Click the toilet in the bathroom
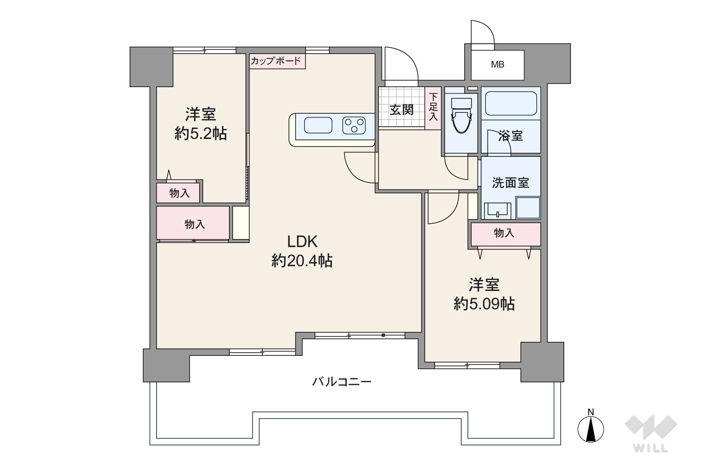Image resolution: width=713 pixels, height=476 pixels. click(461, 116)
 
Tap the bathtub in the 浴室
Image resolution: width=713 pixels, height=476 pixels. click(511, 104)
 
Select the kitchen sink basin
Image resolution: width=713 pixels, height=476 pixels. click(318, 125)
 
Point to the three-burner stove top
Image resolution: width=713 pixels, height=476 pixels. click(354, 125)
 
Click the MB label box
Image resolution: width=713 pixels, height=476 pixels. click(498, 65)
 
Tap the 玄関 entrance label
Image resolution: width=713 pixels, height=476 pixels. click(402, 110)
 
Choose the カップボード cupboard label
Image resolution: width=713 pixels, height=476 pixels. click(276, 61)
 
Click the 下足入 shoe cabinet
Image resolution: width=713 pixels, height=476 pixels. click(433, 108)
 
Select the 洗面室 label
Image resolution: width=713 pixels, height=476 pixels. click(510, 182)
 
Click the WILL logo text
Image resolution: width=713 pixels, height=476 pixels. click(651, 448)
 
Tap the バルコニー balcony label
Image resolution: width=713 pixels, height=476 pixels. click(341, 381)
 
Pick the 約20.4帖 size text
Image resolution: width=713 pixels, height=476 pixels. click(302, 261)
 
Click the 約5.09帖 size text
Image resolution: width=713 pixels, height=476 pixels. click(484, 304)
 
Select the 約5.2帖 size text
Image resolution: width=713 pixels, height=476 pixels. click(201, 134)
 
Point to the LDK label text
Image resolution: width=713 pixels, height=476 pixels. click(302, 242)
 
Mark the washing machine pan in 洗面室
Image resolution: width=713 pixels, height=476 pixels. click(528, 208)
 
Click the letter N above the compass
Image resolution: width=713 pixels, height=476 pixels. click(591, 412)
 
